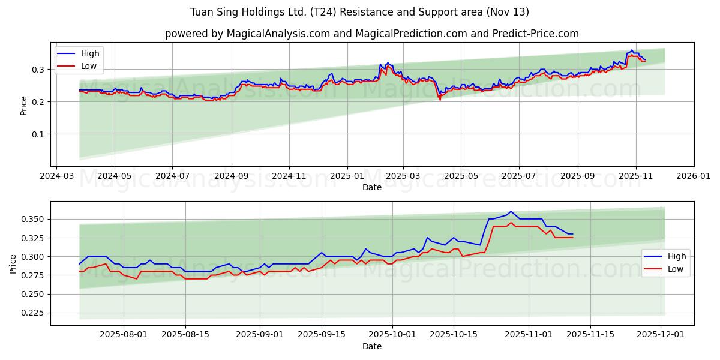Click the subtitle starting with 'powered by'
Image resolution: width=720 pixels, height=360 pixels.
[x=372, y=34]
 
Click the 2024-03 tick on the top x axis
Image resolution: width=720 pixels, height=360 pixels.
[x=56, y=176]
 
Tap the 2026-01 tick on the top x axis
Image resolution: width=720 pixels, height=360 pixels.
[x=694, y=176]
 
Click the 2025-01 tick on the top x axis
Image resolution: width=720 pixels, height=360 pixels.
[x=347, y=176]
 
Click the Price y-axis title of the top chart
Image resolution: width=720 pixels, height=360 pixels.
[x=23, y=105]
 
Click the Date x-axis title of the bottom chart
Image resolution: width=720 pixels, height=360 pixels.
[x=372, y=347]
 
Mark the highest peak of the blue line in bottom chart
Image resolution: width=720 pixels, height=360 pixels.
[x=511, y=212]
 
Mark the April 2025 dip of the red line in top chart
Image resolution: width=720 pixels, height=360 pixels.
[x=440, y=99]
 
